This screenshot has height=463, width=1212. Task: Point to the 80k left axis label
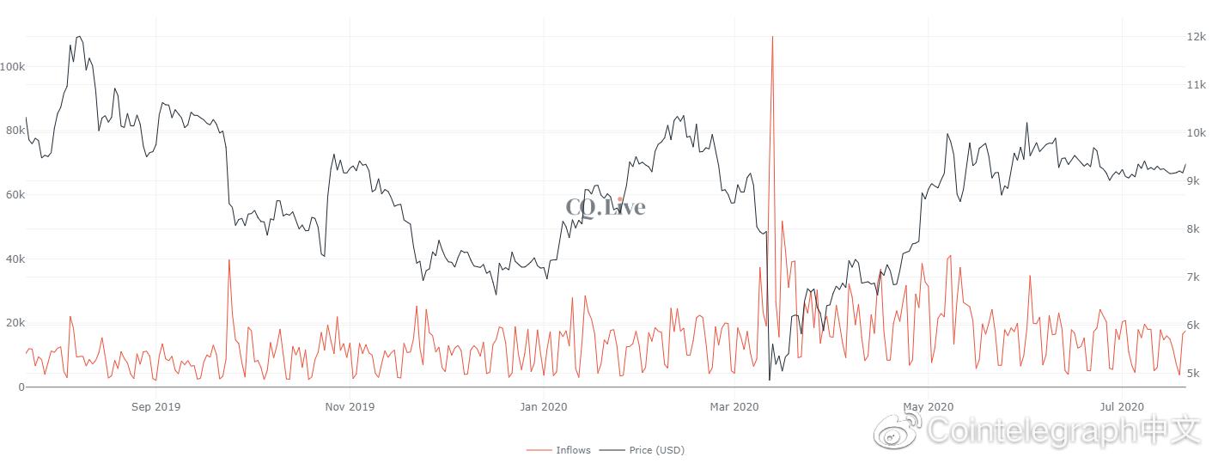pos(14,131)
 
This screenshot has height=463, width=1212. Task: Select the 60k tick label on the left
pos(14,195)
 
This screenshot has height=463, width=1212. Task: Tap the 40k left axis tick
pos(14,259)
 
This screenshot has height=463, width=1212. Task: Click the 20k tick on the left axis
pos(14,323)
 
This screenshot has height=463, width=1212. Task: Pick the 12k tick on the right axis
pos(1197,37)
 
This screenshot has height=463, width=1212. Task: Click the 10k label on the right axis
pos(1197,133)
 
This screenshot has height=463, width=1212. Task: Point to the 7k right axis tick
pos(1194,277)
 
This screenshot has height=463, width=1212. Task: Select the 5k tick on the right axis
pos(1194,374)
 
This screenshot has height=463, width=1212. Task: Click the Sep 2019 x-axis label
pos(155,406)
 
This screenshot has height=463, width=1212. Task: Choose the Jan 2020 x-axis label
pos(543,406)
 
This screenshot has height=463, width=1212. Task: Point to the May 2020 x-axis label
pos(929,406)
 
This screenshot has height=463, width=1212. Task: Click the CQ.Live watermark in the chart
pos(605,206)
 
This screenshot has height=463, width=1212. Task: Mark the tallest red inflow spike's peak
pos(772,37)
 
